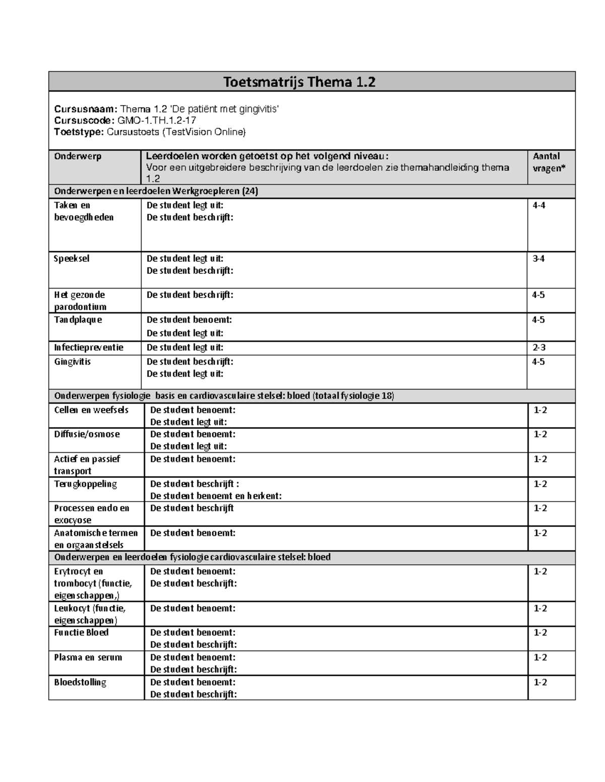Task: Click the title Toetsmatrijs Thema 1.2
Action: pos(299,82)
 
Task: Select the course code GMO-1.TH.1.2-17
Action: pos(156,120)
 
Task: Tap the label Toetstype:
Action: pos(79,132)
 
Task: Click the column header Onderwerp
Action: pos(78,156)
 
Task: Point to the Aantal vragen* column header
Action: pos(547,162)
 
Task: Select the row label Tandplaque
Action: pos(78,320)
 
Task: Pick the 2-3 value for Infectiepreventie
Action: pos(538,347)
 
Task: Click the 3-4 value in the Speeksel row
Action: pos(538,258)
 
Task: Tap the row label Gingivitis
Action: pos(72,362)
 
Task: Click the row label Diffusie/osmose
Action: pos(87,434)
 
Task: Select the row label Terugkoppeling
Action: pos(85,484)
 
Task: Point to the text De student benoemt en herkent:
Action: pos(216,496)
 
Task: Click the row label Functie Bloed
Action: pos(81,632)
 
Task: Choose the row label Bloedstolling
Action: pos(80,682)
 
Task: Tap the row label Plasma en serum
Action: pos(88,657)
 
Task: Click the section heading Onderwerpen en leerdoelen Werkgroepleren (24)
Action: pos(156,191)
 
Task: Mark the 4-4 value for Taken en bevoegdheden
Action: pos(538,205)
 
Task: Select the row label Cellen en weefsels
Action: pos(91,410)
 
